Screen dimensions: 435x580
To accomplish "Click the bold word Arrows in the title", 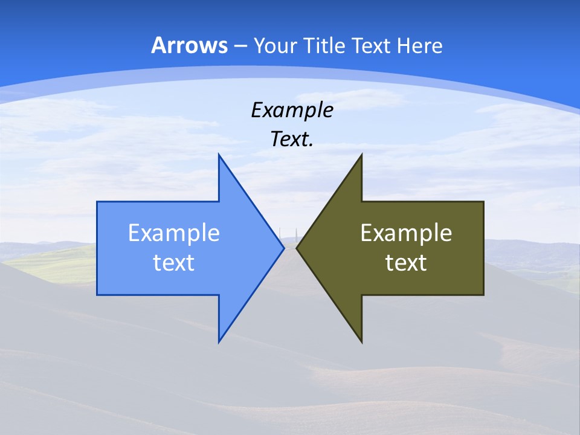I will click(x=189, y=45).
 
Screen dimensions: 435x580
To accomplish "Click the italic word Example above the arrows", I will click(x=292, y=111).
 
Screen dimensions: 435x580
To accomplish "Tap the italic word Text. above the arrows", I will click(x=292, y=140).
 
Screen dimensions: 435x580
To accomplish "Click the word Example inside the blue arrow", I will click(x=174, y=233).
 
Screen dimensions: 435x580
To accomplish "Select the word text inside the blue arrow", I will click(x=174, y=263).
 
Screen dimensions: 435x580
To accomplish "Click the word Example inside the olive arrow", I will click(x=406, y=233).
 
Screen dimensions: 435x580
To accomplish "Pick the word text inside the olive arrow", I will click(x=406, y=263).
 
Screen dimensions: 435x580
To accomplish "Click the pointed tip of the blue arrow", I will click(x=283, y=248).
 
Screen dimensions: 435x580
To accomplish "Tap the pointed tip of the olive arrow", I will click(x=297, y=248).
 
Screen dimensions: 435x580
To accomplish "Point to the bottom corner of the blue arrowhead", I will click(x=219, y=341).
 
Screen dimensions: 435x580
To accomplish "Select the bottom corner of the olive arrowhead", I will click(x=361, y=341).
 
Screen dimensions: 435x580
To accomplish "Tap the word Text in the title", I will click(x=372, y=46).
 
